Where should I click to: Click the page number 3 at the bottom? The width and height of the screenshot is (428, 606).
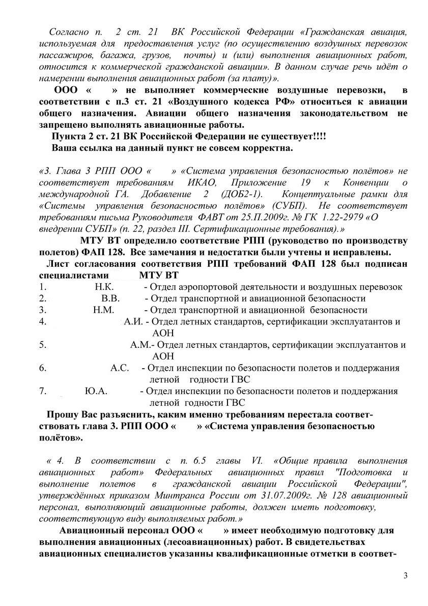click(405, 575)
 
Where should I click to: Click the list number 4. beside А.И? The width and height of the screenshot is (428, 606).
click(43, 321)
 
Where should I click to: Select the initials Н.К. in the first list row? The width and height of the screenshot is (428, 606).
click(104, 287)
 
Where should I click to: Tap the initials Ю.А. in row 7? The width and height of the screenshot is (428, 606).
click(96, 391)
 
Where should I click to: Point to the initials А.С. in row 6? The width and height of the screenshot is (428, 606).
click(120, 368)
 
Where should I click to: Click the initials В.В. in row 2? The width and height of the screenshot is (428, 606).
click(110, 298)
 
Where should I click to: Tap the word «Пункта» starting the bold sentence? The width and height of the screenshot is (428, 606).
click(68, 137)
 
